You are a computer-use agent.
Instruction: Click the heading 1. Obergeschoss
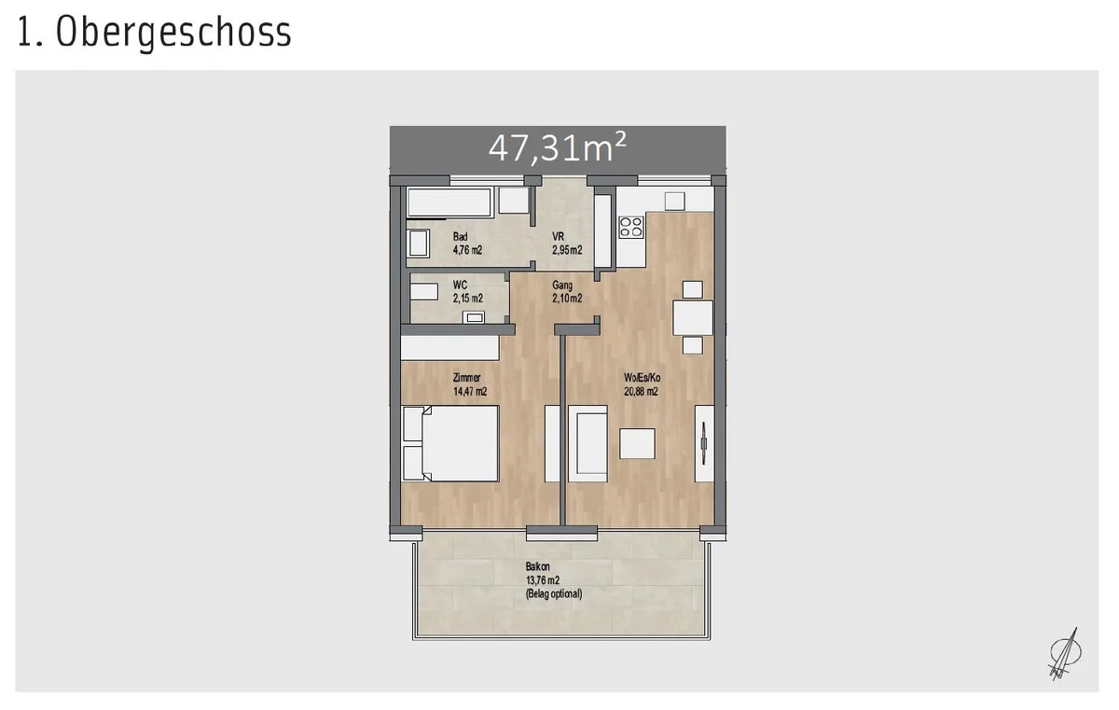pos(154,33)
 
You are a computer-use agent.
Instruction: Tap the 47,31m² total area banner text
pos(557,148)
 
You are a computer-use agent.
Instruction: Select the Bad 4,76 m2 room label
pos(467,244)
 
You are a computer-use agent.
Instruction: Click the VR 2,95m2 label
pos(567,244)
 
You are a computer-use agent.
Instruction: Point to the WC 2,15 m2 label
pos(467,292)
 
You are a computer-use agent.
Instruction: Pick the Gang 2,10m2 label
pos(567,292)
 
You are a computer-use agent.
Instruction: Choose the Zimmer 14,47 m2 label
pos(470,384)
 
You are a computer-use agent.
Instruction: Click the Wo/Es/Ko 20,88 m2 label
pos(642,384)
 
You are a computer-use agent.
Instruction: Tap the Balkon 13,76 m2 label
pos(554,580)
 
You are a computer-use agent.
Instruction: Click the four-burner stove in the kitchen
pos(631,227)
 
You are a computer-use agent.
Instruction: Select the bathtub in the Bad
pos(449,202)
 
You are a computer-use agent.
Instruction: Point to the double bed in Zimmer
pos(451,444)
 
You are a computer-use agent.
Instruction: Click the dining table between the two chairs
pos(692,318)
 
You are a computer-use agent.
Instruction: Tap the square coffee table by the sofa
pos(637,444)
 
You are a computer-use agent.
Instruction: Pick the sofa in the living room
pos(588,444)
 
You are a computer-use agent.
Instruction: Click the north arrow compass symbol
pos(1065,654)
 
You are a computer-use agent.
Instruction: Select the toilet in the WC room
pos(424,292)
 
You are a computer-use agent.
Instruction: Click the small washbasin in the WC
pos(474,317)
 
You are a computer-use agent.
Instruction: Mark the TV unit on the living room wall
pos(704,444)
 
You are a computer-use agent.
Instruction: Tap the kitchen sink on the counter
pos(674,202)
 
